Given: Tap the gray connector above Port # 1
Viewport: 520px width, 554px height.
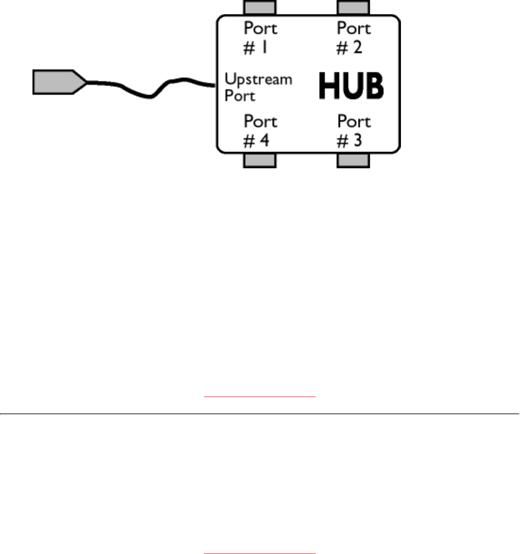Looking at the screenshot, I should (259, 8).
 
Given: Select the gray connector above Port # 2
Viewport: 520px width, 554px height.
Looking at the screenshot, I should (353, 8).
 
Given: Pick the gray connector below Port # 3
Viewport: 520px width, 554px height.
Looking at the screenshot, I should (353, 161).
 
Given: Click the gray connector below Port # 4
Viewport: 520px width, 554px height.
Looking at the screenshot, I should (259, 161).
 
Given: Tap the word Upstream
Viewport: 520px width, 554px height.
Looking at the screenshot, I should (258, 80).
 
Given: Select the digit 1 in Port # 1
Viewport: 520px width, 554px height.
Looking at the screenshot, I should (265, 47).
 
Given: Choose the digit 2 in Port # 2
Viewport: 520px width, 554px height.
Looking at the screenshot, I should (357, 47).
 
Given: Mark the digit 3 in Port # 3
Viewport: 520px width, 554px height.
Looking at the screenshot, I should (357, 141).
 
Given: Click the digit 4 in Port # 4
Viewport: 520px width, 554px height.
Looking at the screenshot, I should (264, 141).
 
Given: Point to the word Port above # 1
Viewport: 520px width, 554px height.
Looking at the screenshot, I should (260, 28).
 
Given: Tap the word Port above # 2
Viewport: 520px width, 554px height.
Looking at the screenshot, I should (354, 28).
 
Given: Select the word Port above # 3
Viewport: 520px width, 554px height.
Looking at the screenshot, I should (354, 121).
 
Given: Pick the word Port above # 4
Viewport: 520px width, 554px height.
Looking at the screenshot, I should (260, 121).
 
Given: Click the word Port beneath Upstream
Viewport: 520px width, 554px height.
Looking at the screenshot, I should (239, 96).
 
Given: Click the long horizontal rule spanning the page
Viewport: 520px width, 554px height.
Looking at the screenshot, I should (260, 414).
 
